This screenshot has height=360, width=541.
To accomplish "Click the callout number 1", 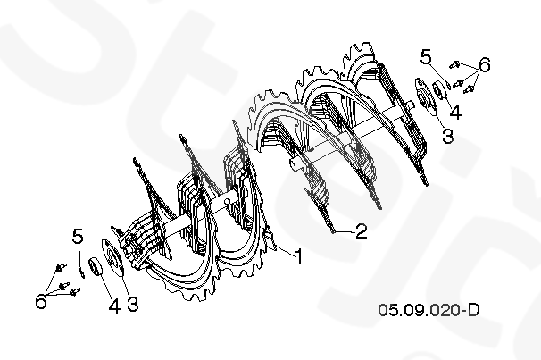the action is (299, 256).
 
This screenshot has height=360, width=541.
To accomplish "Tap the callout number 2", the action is (361, 231).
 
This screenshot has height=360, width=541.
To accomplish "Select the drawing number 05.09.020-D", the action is (429, 310).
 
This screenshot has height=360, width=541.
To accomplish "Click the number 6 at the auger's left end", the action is (41, 301).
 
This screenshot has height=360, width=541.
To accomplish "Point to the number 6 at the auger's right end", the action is (485, 64).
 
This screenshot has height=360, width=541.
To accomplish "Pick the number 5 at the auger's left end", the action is (78, 236).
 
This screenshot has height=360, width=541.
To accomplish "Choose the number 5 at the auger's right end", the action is (426, 56).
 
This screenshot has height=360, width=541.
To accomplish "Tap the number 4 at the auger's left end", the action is (114, 306).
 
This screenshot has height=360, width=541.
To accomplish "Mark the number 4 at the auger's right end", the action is (455, 113).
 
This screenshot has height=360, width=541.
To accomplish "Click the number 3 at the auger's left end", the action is (133, 304).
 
